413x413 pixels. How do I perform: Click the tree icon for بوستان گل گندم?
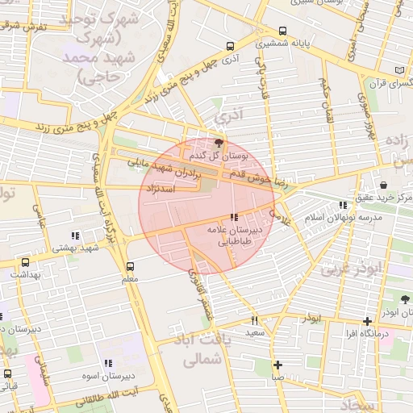pyautogui.click(x=220, y=142)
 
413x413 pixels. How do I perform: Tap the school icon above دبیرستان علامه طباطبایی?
pyautogui.click(x=234, y=217)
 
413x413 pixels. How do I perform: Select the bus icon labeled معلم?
pyautogui.click(x=130, y=266)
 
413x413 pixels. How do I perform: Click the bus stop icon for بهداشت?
pyautogui.click(x=26, y=262)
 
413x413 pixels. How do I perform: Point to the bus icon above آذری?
pyautogui.click(x=232, y=46)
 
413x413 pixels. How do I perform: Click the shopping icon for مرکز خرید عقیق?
pyautogui.click(x=394, y=185)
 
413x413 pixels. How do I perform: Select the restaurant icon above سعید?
pyautogui.click(x=255, y=320)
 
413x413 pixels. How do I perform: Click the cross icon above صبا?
pyautogui.click(x=277, y=365)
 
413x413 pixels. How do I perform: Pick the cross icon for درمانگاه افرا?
pyautogui.click(x=367, y=321)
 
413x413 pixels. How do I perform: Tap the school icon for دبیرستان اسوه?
pyautogui.click(x=108, y=364)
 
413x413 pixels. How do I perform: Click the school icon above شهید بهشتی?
pyautogui.click(x=75, y=236)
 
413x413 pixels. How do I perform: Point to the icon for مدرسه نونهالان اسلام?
pyautogui.click(x=344, y=206)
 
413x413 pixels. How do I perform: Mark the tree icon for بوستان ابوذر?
pyautogui.click(x=405, y=299)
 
